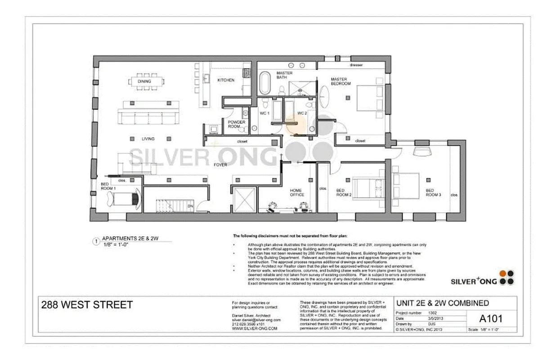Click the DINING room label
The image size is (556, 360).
144,81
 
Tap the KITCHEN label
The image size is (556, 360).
226,80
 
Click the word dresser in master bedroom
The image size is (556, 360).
356,65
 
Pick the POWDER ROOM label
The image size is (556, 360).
237,124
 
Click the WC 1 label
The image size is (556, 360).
265,113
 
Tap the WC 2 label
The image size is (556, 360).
302,113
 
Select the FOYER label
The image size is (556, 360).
220,165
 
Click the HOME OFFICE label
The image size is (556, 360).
296,193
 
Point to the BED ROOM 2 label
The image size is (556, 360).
344,193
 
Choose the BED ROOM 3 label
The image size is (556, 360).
433,193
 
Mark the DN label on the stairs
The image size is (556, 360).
190,206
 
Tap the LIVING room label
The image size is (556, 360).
148,139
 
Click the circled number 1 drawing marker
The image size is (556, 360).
95,241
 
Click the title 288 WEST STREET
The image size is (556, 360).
87,305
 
